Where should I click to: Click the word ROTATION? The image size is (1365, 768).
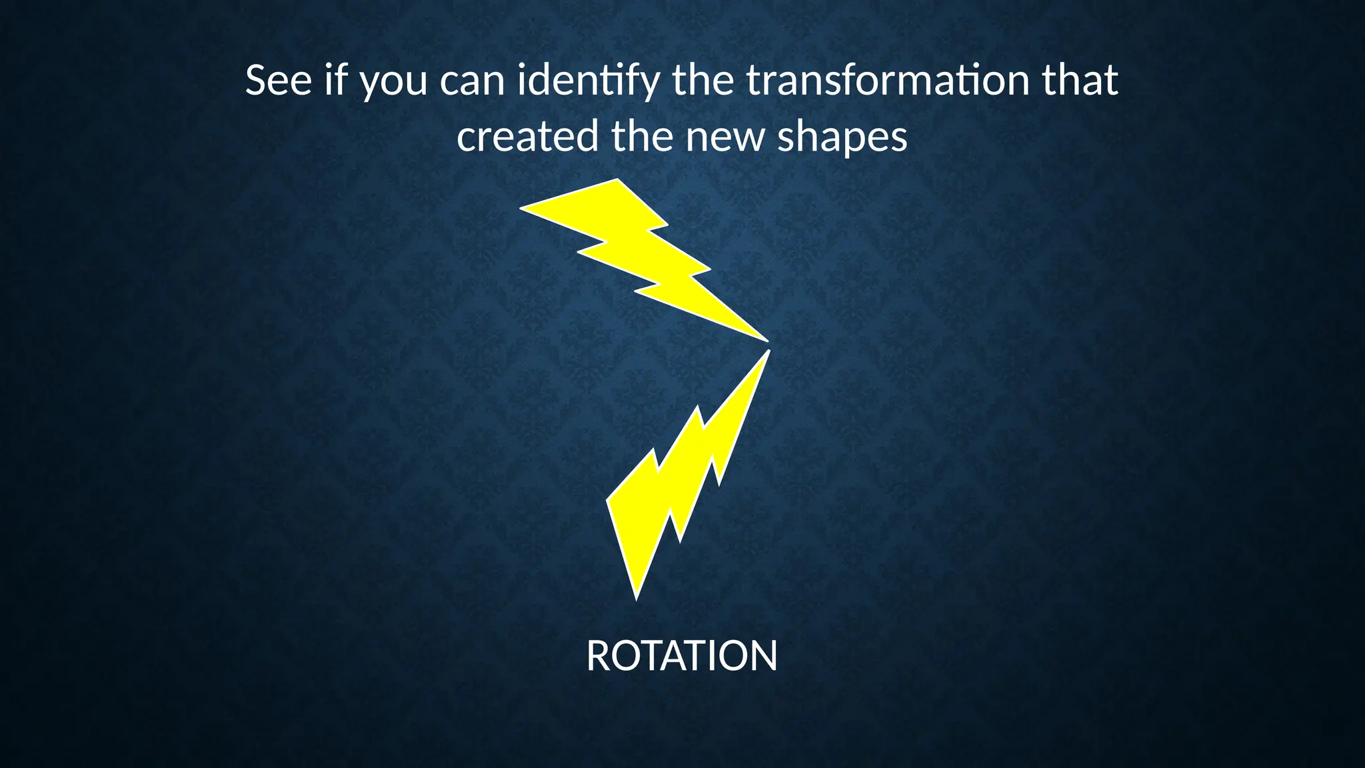682,656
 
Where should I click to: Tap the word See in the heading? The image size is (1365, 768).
279,81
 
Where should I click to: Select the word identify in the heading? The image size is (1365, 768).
589,81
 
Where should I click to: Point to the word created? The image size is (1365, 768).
528,137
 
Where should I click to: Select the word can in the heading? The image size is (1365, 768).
472,81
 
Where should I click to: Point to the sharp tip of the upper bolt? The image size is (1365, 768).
766,340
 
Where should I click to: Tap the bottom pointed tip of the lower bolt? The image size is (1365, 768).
637,597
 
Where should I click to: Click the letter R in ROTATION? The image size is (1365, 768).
600,656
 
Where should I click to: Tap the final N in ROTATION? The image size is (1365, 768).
764,656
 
